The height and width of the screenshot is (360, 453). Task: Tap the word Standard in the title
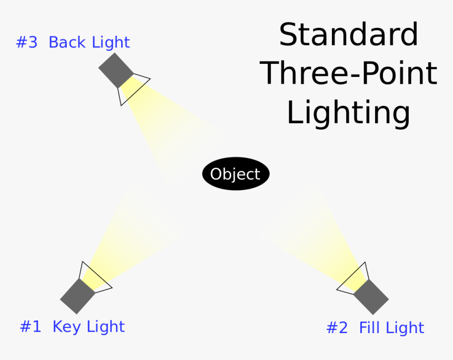[348, 35]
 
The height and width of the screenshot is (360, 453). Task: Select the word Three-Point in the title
[348, 73]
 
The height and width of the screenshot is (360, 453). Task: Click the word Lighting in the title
[348, 113]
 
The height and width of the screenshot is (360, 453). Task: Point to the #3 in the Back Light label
[27, 43]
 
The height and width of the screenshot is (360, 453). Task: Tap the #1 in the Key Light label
[31, 327]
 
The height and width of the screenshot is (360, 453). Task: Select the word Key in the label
[67, 327]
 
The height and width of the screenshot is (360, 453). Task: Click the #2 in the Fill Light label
[337, 328]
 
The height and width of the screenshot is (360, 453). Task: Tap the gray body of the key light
[77, 296]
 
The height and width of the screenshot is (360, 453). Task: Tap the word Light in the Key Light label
[105, 327]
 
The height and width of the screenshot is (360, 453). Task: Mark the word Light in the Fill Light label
[405, 328]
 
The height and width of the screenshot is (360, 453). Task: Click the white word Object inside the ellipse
[235, 174]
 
